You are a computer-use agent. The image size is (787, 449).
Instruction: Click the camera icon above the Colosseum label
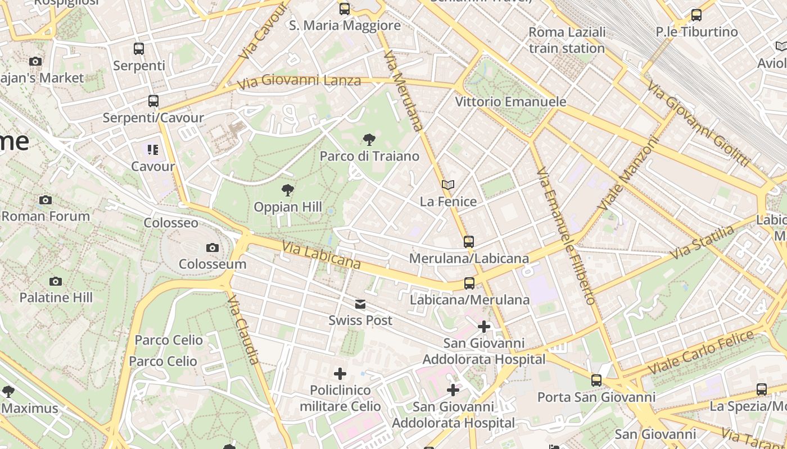point(212,248)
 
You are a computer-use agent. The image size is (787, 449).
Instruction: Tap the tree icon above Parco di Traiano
point(369,139)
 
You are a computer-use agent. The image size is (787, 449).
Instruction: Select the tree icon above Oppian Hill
point(288,190)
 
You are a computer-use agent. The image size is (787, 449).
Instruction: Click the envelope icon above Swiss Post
point(360,304)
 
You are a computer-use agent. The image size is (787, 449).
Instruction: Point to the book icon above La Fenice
point(448,185)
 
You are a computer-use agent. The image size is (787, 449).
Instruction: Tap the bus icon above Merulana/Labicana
point(469,242)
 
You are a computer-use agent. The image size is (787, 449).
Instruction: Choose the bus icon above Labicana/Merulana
point(469,283)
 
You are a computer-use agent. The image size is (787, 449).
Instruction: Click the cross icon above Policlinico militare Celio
point(340,374)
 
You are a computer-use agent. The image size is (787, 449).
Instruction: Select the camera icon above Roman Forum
point(46,200)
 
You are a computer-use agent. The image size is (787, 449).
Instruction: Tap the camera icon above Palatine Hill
point(56,281)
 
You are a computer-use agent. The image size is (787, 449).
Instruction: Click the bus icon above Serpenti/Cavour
point(153,101)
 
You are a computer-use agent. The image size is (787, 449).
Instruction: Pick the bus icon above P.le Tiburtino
point(696,15)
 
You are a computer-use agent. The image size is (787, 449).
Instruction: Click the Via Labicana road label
point(321,255)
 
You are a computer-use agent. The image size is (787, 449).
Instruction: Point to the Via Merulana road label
point(403,90)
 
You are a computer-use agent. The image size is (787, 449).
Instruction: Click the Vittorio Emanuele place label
point(510,102)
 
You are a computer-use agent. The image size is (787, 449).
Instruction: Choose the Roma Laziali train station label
point(567,40)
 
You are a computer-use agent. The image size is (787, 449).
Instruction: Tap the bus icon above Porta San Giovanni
point(596,381)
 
